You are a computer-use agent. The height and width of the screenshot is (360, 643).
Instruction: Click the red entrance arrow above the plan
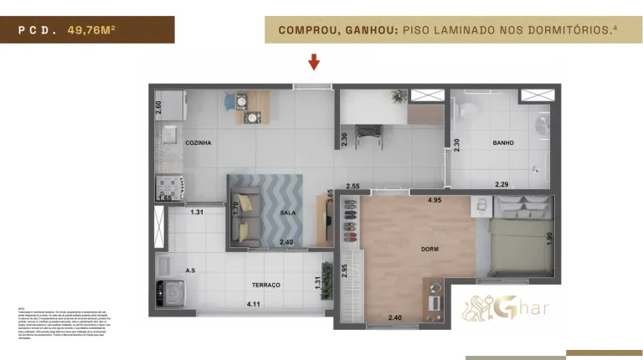[x=314, y=61]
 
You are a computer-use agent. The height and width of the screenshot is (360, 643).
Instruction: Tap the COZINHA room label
[x=198, y=143]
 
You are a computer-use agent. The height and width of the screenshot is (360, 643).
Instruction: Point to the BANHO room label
[x=503, y=143]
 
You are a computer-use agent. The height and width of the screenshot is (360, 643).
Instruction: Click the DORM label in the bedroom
[x=430, y=249]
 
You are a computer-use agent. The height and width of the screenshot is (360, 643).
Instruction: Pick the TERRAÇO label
[x=265, y=285]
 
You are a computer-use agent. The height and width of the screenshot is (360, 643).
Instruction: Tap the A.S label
[x=190, y=271]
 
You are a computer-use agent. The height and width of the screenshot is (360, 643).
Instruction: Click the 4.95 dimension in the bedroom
[x=435, y=200]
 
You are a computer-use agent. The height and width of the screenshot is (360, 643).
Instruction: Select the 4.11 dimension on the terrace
[x=254, y=305]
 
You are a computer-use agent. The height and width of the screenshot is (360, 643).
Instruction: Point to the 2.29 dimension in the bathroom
[x=502, y=184]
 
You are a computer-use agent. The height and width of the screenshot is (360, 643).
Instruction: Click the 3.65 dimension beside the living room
[x=330, y=197]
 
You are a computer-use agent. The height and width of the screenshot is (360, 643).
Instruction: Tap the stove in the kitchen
[x=164, y=183]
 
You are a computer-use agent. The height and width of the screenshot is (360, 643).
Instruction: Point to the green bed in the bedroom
[x=520, y=247]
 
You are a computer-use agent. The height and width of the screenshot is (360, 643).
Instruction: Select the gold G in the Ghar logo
[x=507, y=306]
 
